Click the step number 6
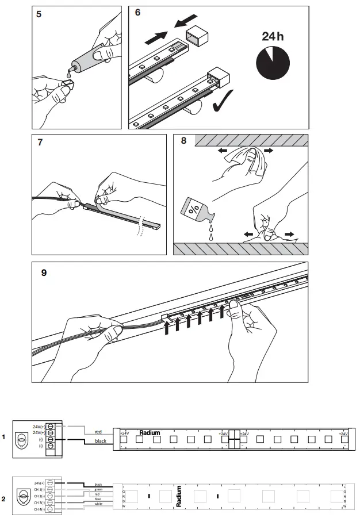point(137,13)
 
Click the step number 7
point(40,143)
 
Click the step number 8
point(183,141)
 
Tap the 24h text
point(273,36)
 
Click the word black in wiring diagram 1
point(101,441)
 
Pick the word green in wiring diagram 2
point(98,489)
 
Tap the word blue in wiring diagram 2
point(98,499)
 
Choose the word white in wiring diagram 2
point(98,504)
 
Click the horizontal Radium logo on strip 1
point(150,432)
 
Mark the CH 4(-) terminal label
point(39,509)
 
